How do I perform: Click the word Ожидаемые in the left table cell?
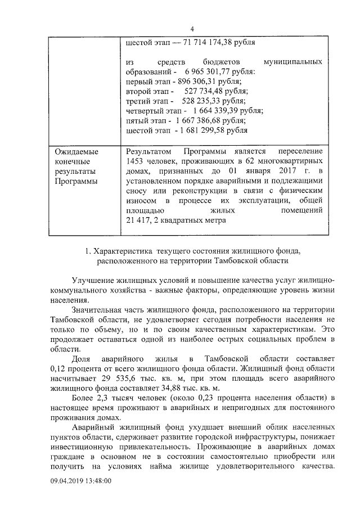click(x=76, y=152)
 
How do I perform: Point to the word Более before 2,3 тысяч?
click(x=84, y=398)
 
